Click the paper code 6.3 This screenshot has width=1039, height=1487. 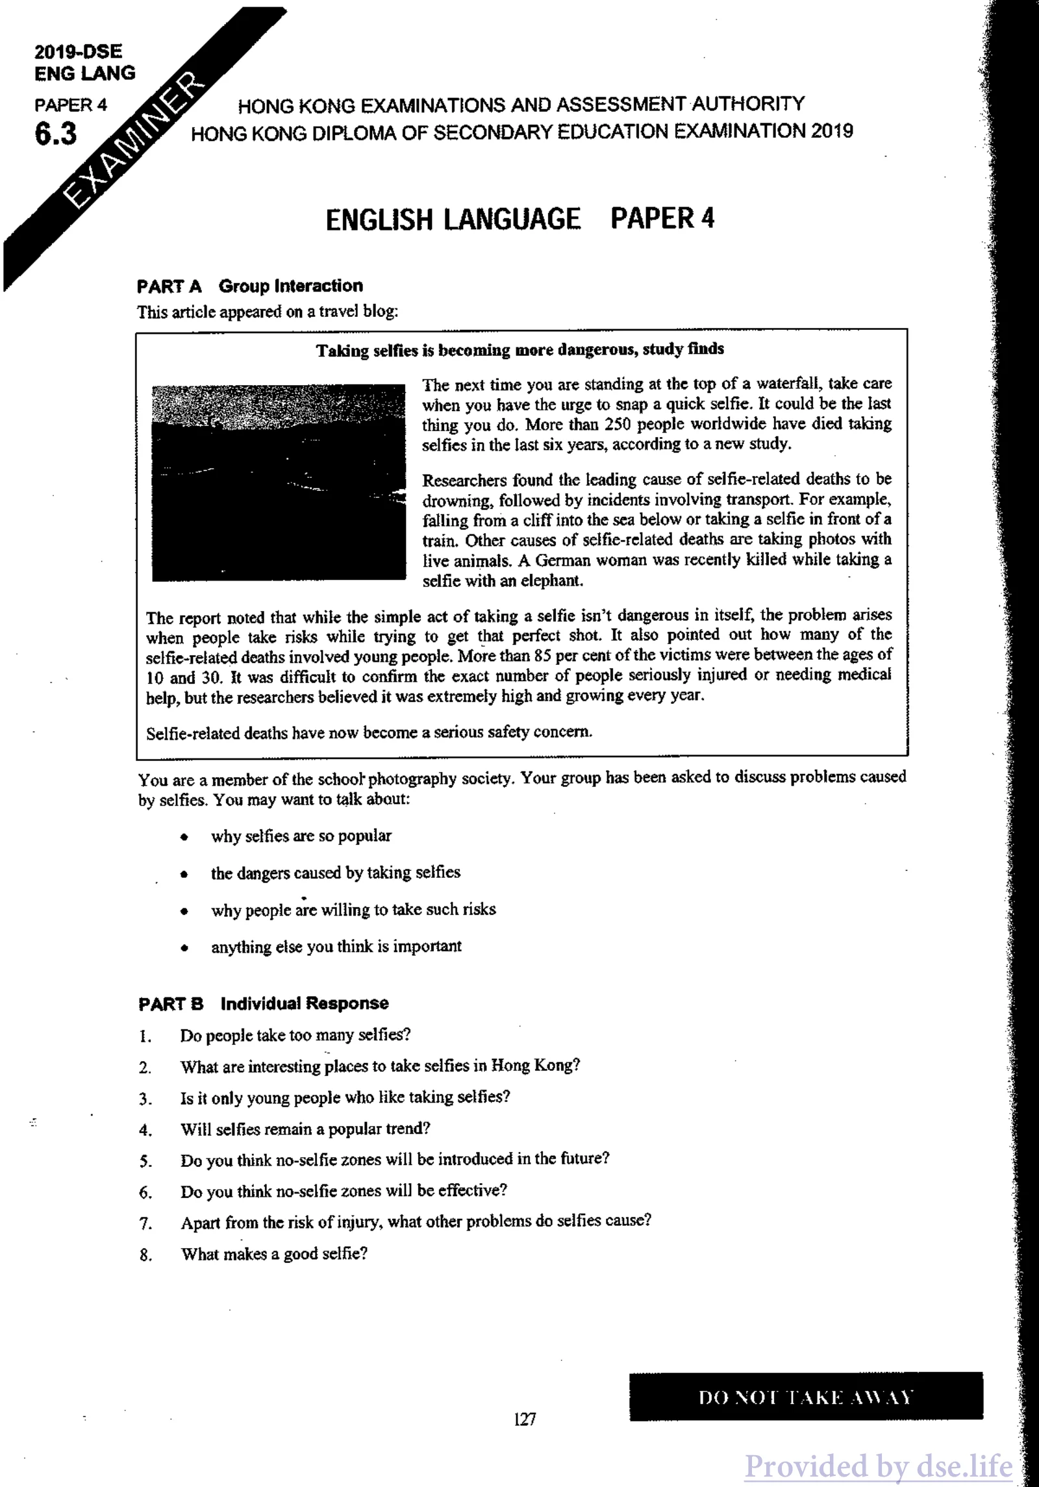[56, 134]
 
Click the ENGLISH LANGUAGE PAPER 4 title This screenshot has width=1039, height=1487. [519, 219]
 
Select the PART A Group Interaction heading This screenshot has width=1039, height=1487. [250, 286]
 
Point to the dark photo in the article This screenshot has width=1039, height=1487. [279, 482]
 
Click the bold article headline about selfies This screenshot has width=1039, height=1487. [520, 350]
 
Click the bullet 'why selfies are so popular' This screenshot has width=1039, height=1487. [301, 836]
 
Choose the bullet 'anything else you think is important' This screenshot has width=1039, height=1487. [336, 946]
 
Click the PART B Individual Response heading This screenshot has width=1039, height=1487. [264, 1003]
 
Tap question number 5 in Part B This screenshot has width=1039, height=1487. [145, 1162]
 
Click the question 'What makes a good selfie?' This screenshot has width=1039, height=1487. [274, 1253]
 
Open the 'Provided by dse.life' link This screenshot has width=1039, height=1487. [878, 1466]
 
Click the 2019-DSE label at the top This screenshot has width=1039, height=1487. [78, 51]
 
